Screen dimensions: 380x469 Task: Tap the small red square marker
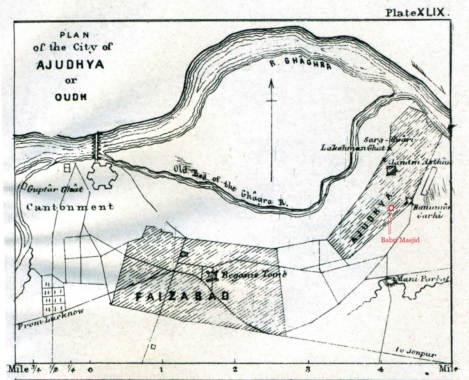pos(391,208)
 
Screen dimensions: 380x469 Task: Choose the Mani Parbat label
pos(423,279)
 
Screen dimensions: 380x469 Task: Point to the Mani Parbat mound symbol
pos(390,281)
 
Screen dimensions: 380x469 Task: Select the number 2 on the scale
pos(234,369)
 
